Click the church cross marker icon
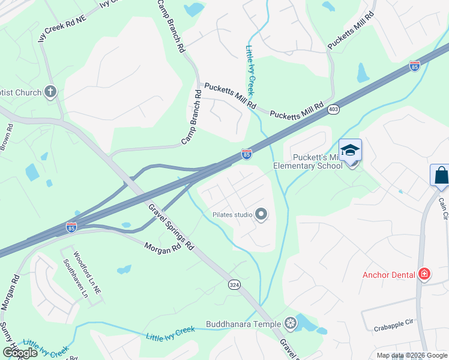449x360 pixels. click(50, 92)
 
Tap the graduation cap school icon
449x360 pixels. click(350, 149)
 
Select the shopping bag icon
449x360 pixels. click(441, 175)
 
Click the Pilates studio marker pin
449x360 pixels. click(261, 214)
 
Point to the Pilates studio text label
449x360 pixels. click(232, 214)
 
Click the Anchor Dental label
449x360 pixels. click(389, 275)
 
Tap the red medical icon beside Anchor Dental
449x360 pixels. click(424, 274)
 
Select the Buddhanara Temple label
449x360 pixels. click(243, 324)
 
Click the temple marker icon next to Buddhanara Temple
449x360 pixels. click(291, 324)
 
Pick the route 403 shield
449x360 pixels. click(333, 109)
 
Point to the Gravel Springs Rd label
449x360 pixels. click(172, 227)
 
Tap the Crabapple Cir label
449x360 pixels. click(393, 322)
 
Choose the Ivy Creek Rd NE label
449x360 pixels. click(61, 28)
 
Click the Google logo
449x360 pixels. click(20, 353)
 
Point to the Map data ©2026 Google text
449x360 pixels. click(411, 355)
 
